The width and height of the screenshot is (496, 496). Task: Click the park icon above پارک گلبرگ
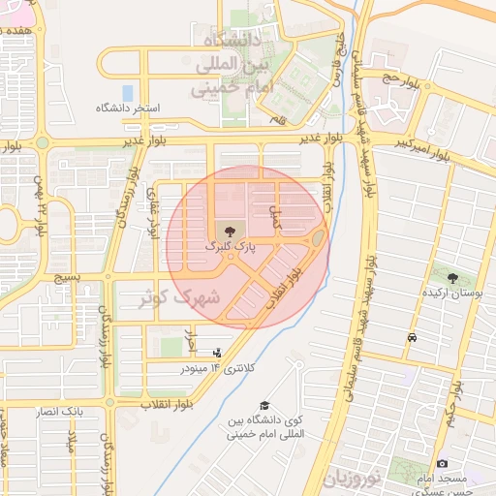pyautogui.click(x=230, y=232)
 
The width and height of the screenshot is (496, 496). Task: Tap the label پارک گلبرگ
pyautogui.click(x=230, y=247)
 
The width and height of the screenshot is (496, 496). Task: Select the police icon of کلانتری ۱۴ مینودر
pyautogui.click(x=217, y=353)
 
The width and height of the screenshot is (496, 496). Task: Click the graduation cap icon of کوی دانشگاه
pyautogui.click(x=265, y=405)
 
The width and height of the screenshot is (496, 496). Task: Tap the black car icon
pyautogui.click(x=413, y=338)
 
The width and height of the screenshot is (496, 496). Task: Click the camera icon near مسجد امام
pyautogui.click(x=443, y=464)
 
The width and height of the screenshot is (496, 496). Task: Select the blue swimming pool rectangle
pyautogui.click(x=127, y=93)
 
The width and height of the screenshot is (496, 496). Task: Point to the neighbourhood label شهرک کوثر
pyautogui.click(x=180, y=297)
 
